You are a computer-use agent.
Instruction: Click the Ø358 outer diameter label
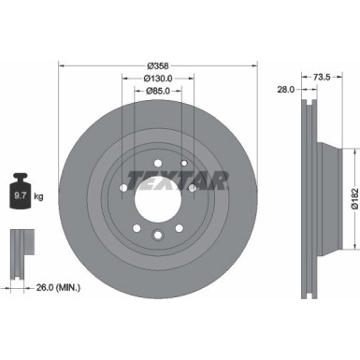158,65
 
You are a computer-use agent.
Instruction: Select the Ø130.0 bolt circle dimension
158,79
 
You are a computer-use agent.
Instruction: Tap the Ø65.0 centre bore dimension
158,92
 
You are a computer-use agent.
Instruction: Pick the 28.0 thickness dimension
287,90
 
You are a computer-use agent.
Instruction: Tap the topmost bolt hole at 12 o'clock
158,157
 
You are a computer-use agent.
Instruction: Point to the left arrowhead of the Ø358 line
62,65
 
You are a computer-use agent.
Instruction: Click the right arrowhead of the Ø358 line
254,65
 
